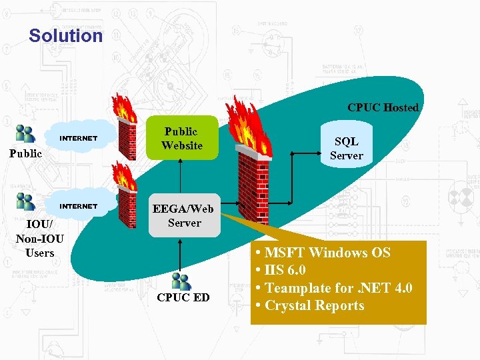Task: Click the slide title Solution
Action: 65,35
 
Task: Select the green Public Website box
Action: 181,139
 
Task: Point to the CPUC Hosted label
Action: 383,107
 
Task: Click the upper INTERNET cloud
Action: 79,139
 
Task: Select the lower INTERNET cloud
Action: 79,207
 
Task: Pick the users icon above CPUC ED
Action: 181,281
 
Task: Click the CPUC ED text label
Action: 183,297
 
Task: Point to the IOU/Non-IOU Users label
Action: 39,238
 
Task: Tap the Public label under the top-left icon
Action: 25,153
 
